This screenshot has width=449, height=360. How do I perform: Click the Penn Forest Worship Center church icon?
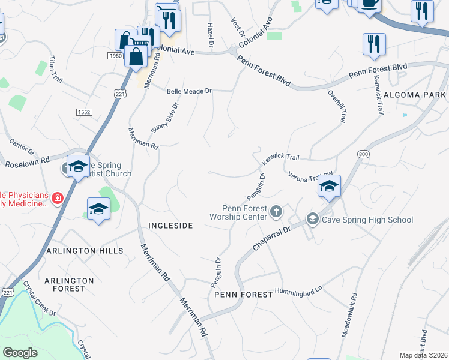click(x=276, y=211)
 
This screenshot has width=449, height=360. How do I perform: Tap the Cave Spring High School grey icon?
click(x=312, y=220)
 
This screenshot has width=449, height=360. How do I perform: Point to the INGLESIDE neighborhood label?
click(x=170, y=226)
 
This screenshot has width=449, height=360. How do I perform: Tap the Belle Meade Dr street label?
click(x=189, y=91)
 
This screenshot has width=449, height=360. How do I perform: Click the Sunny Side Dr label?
click(x=165, y=118)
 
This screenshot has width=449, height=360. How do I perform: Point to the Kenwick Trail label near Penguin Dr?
click(x=280, y=158)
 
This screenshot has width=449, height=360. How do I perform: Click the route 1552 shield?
click(x=83, y=112)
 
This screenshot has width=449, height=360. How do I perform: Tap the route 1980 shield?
click(x=115, y=56)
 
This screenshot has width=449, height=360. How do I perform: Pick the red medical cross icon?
click(x=58, y=197)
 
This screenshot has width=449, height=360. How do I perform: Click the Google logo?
click(x=20, y=352)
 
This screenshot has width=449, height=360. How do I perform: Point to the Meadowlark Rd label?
click(x=349, y=314)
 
